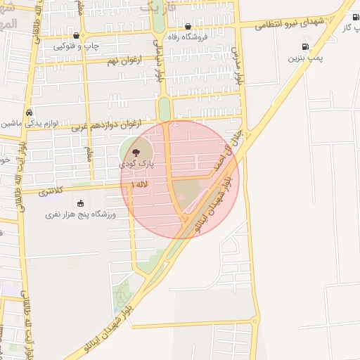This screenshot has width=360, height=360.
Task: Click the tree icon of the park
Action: (137, 150)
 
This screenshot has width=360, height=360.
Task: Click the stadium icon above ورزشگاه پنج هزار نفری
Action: (79, 203)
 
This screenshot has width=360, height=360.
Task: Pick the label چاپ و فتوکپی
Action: (75, 46)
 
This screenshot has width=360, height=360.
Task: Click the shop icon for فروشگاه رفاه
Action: (188, 27)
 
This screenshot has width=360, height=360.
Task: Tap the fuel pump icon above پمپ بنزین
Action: (304, 48)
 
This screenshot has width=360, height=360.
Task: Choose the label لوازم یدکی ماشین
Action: (27, 123)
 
